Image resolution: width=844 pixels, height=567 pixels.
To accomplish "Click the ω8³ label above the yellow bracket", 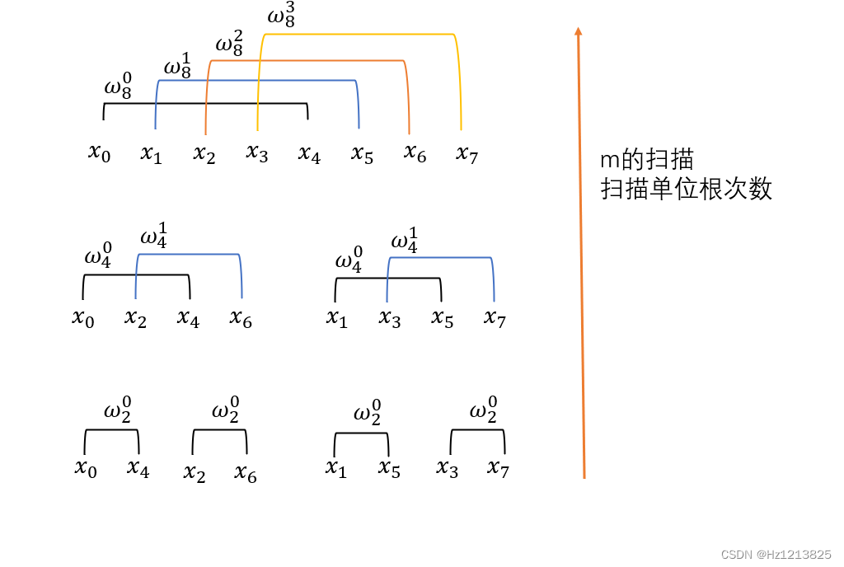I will [x=281, y=17].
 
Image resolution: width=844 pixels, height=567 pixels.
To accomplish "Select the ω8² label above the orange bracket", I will [x=229, y=44].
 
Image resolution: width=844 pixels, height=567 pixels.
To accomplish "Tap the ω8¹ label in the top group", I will [x=178, y=67].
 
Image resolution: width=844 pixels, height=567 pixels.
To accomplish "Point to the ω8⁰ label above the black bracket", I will [x=118, y=87].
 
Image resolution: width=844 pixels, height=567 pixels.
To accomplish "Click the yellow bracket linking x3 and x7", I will [x=359, y=35].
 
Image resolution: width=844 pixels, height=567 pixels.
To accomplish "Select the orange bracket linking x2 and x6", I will [x=307, y=61].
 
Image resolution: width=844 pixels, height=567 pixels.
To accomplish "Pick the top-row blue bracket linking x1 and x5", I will [x=256, y=81].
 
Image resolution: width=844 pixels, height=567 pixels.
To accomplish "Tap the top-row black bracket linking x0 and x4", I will [x=205, y=104].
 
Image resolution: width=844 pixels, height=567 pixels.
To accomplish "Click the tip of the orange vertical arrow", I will [x=579, y=30].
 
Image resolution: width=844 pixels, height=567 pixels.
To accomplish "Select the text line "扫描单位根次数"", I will [x=687, y=189].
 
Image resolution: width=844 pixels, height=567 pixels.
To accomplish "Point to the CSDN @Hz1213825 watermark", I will [x=776, y=555].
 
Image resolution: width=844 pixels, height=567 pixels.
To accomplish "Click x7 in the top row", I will [x=467, y=153].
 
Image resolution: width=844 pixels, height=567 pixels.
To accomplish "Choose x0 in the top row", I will [x=99, y=152].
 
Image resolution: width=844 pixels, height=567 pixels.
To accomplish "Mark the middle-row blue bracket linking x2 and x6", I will [x=189, y=255].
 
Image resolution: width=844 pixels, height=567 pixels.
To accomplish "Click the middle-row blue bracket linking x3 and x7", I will [x=440, y=259].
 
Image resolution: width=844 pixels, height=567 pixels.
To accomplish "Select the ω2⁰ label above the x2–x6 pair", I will [x=225, y=410].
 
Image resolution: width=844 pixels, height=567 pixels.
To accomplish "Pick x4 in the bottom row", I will [x=138, y=469].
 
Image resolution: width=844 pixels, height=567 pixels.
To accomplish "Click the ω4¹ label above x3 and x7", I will [x=404, y=242].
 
